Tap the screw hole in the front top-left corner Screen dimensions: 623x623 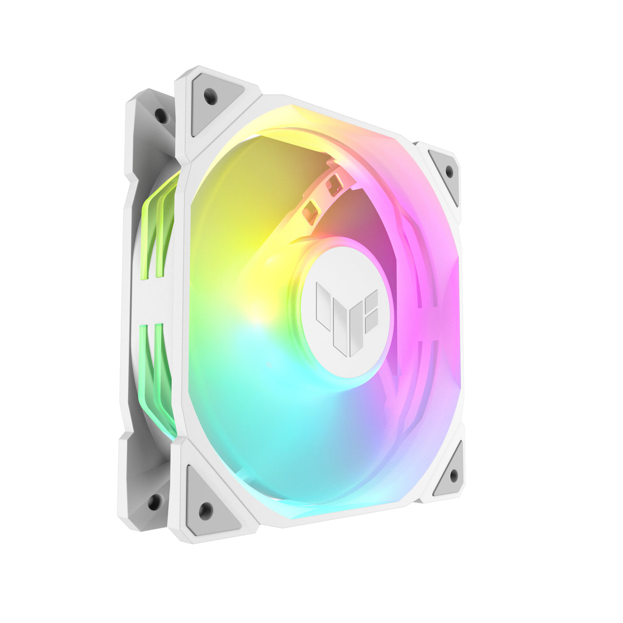pyautogui.click(x=210, y=95)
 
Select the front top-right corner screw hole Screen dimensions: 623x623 pyautogui.click(x=450, y=171)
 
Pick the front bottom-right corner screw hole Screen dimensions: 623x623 pyautogui.click(x=454, y=475)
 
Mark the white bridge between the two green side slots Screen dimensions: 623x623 pyautogui.click(x=154, y=303)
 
